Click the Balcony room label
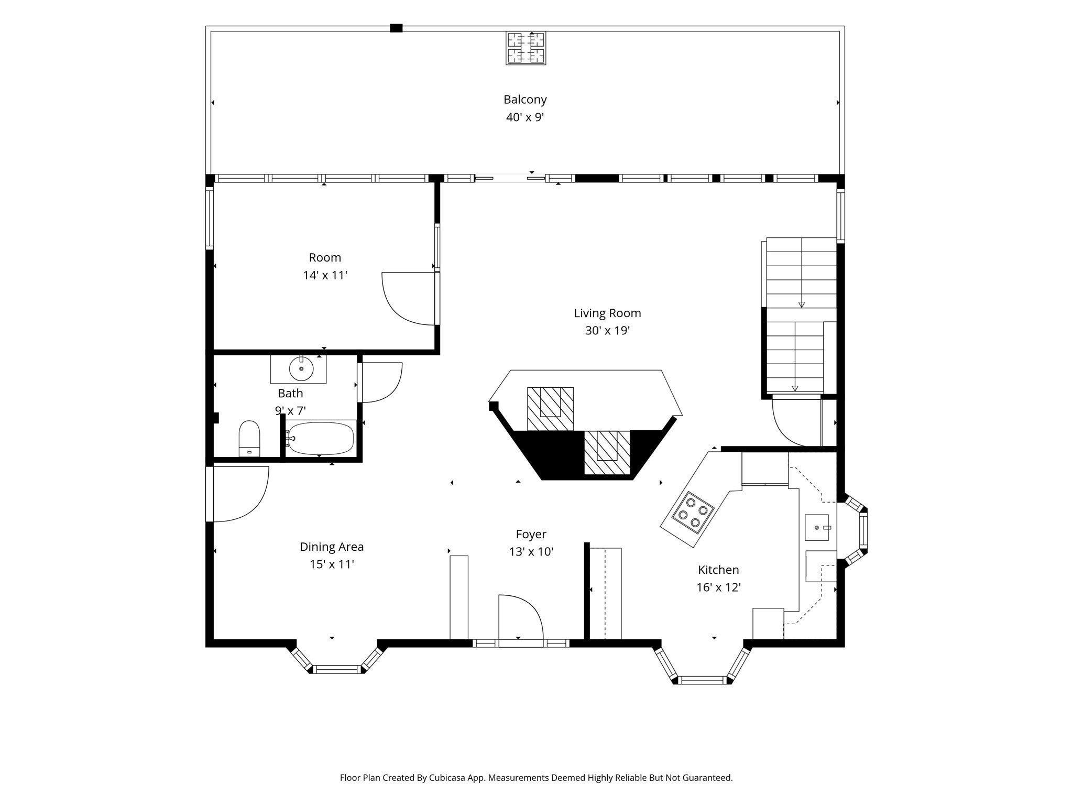coord(525,100)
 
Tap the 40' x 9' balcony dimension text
coord(525,117)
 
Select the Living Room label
coord(607,313)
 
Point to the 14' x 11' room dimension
coord(325,275)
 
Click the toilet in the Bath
coord(249,439)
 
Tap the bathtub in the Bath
coord(321,438)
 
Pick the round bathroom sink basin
coord(301,369)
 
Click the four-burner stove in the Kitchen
coord(693,513)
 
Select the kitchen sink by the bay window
coord(817,527)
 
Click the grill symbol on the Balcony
coord(526,48)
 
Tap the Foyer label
coord(531,535)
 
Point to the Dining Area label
coord(332,547)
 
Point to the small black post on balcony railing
coord(396,28)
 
